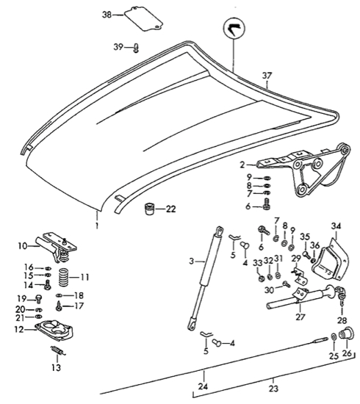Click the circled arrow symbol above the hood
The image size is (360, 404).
point(234,32)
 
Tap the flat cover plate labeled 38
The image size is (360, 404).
point(143,18)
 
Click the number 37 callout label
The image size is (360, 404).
point(266,75)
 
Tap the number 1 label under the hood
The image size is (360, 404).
point(96,219)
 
